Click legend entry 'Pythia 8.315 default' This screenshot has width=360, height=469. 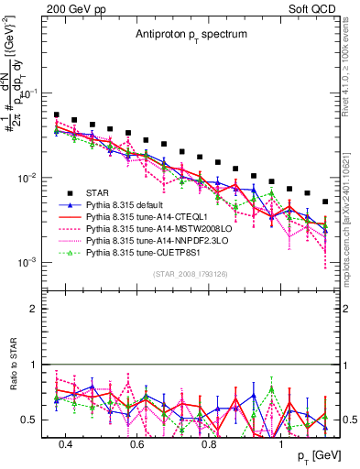129,207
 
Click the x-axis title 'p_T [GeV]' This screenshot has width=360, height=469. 312,455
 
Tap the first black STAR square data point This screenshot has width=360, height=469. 57,115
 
